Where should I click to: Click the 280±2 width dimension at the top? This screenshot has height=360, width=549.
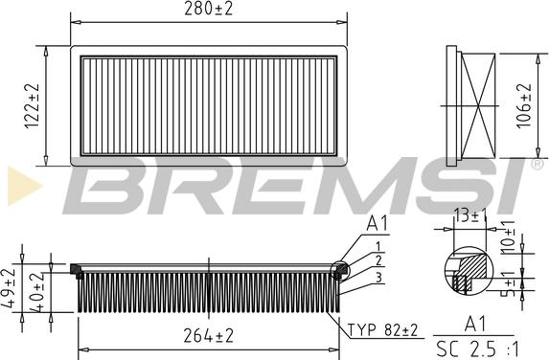(x=210, y=10)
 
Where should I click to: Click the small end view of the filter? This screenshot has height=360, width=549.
(x=475, y=102)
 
